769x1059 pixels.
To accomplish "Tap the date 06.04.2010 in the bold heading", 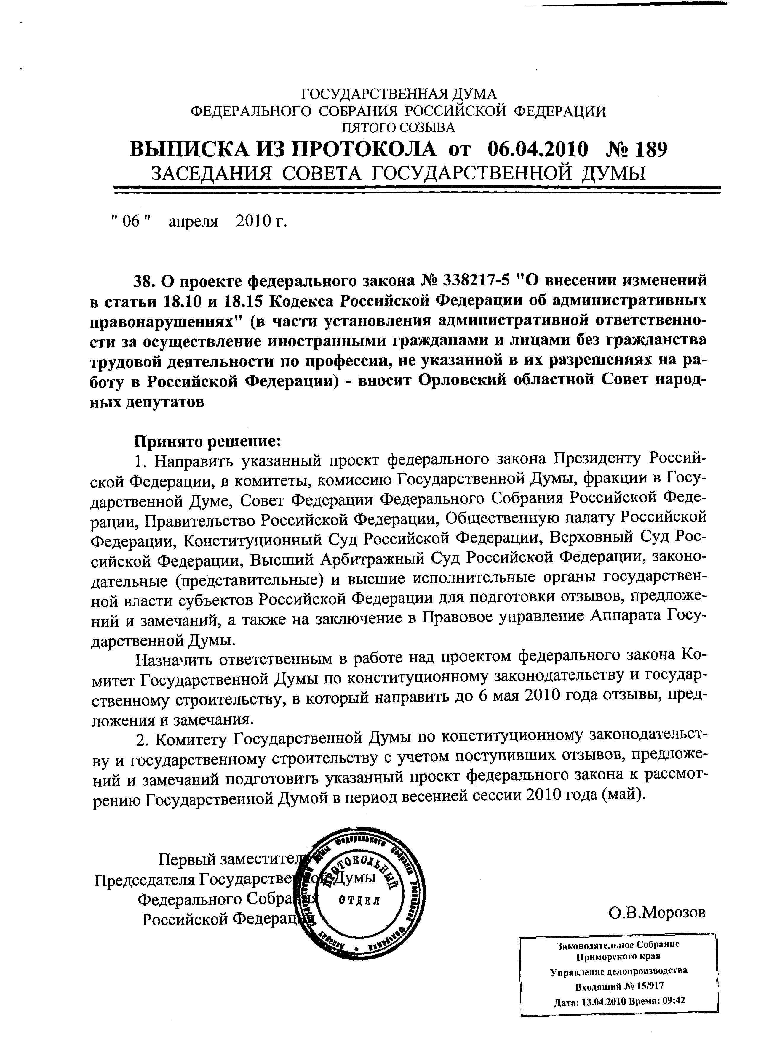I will pos(537,150).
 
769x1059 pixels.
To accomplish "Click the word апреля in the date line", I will pos(193,222).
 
